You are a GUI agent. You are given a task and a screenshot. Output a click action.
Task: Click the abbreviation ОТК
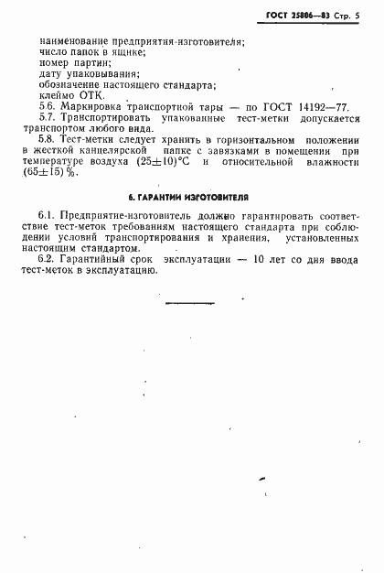[x=91, y=94]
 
